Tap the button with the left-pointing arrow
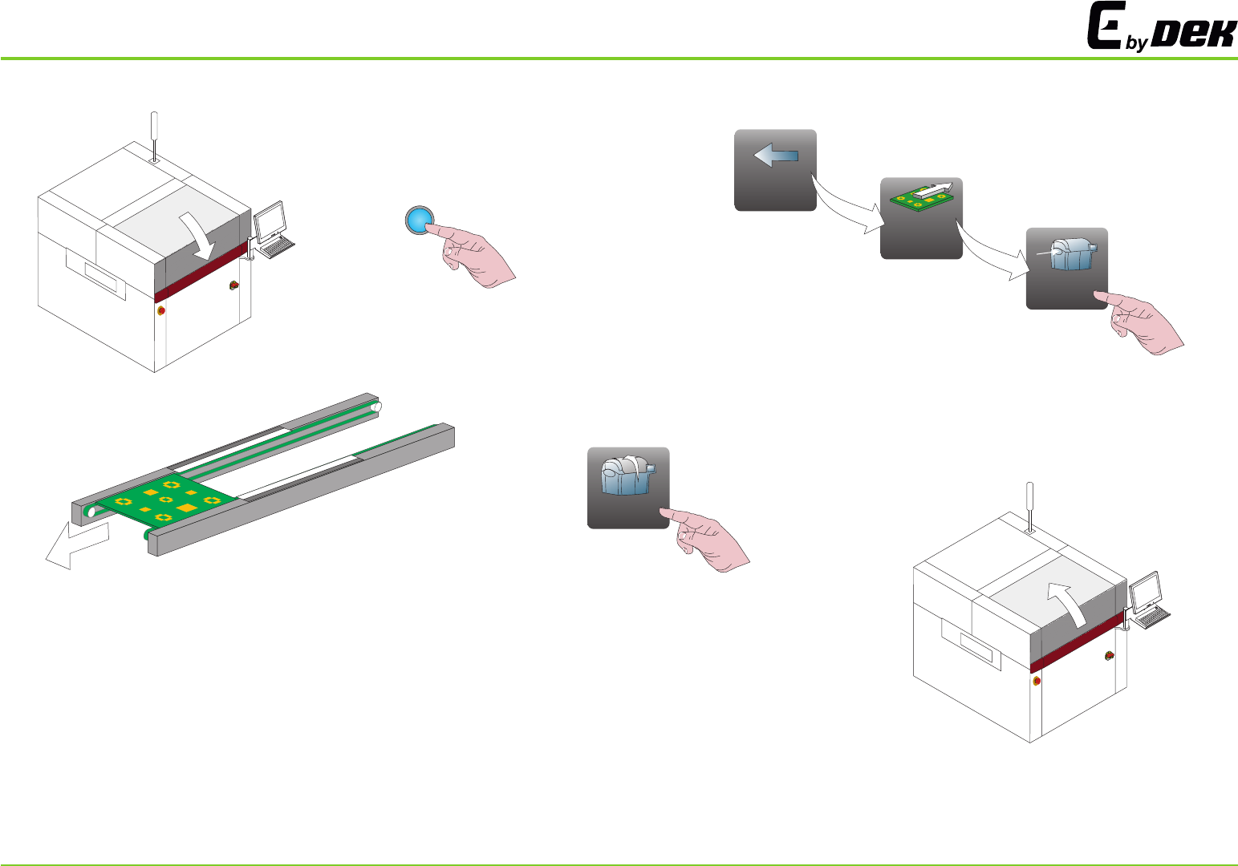point(775,170)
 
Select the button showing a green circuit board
point(921,218)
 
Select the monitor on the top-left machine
point(270,218)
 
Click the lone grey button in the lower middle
point(627,488)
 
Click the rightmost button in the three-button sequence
point(1066,268)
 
